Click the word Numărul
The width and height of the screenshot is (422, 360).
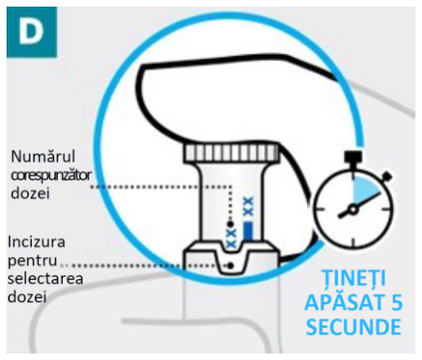[x=43, y=157]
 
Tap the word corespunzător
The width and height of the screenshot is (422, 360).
[x=51, y=176]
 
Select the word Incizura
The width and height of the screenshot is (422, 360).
[x=36, y=241]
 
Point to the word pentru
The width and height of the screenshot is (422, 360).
[x=32, y=260]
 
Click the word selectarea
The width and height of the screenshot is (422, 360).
[x=45, y=278]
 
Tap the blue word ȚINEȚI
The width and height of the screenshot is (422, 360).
[x=354, y=277]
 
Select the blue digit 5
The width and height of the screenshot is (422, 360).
[x=396, y=302]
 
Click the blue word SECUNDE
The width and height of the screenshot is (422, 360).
[x=353, y=327]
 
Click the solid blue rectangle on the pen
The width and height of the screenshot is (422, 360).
[x=248, y=231]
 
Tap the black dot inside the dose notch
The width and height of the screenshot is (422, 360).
[x=230, y=265]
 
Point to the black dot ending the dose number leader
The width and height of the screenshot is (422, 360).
[x=229, y=223]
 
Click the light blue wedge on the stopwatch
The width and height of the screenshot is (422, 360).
[x=364, y=190]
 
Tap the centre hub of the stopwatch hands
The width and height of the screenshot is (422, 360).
[x=353, y=209]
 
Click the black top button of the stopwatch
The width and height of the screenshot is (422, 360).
[x=353, y=157]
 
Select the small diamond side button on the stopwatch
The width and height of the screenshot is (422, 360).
[x=387, y=177]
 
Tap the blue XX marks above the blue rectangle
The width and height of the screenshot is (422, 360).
[x=248, y=206]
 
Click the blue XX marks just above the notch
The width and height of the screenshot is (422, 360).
[x=231, y=238]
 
